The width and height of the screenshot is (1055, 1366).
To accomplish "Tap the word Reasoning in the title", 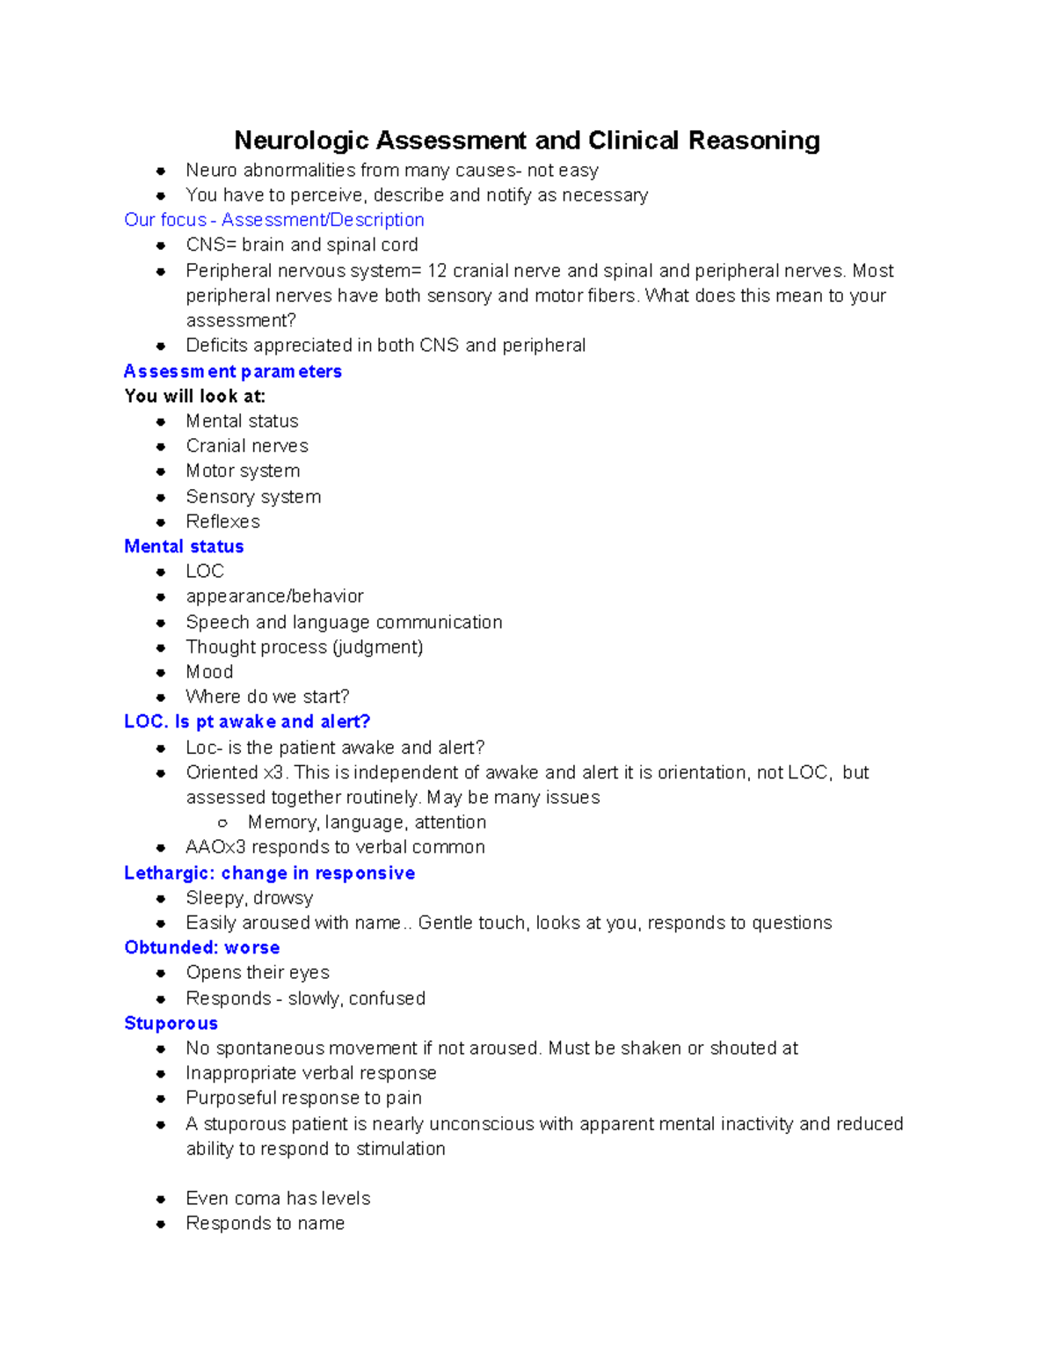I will pyautogui.click(x=754, y=141).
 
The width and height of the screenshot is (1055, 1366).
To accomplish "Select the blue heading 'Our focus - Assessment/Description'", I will pyautogui.click(x=274, y=220).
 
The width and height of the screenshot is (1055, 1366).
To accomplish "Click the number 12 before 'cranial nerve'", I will pyautogui.click(x=437, y=271).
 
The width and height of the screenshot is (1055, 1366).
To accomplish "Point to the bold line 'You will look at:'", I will pyautogui.click(x=195, y=397).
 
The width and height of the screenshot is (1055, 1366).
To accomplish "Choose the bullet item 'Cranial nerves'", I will pyautogui.click(x=247, y=446).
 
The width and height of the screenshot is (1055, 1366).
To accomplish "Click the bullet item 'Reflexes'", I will pyautogui.click(x=223, y=522).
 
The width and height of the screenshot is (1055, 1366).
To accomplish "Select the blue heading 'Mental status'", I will pyautogui.click(x=184, y=546).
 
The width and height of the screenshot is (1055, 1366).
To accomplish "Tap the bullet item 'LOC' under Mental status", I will pyautogui.click(x=205, y=572).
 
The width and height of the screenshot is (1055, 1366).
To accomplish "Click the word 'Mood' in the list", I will pyautogui.click(x=209, y=672).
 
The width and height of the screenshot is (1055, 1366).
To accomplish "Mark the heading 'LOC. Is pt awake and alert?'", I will pyautogui.click(x=247, y=722).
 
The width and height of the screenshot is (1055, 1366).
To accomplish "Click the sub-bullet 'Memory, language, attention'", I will pyautogui.click(x=367, y=822).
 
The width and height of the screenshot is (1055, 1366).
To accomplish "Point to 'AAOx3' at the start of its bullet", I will pyautogui.click(x=215, y=847).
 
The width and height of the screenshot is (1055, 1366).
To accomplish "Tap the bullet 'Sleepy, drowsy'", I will pyautogui.click(x=250, y=898).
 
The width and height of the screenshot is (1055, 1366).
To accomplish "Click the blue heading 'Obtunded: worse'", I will pyautogui.click(x=202, y=948).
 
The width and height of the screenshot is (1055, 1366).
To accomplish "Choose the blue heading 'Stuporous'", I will pyautogui.click(x=171, y=1024).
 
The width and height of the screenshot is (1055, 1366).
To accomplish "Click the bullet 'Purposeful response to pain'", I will pyautogui.click(x=303, y=1099).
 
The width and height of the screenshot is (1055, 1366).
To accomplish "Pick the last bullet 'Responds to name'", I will pyautogui.click(x=265, y=1224).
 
